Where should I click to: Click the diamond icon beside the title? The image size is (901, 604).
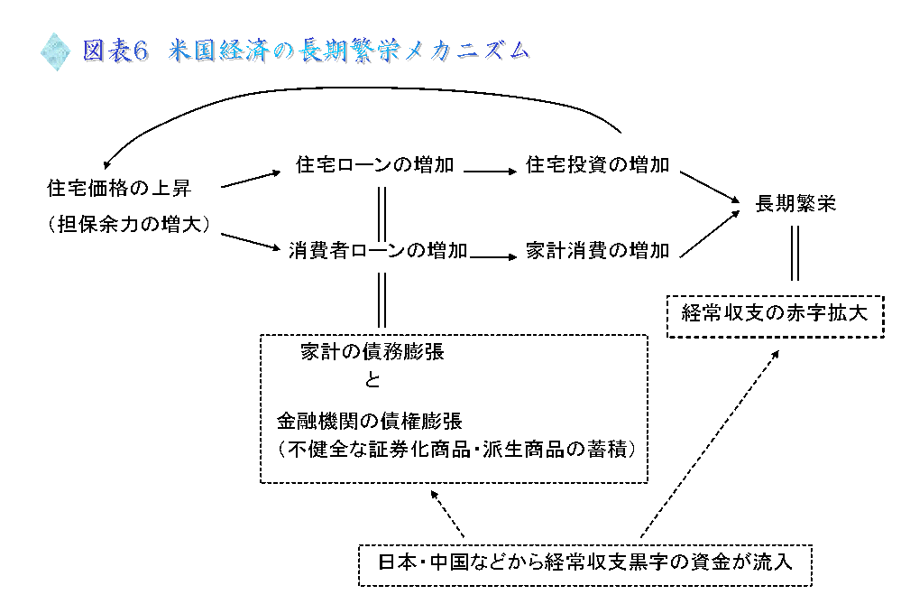pos(55,51)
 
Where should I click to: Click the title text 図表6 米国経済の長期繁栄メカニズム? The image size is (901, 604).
pos(305,51)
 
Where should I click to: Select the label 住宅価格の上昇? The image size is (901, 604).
pos(119,188)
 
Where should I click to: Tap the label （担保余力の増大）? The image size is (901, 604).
pos(129,224)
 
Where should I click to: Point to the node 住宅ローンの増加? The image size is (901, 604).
pos(374,165)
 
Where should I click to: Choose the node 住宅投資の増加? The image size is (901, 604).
pos(598,165)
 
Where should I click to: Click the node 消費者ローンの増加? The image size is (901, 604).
pos(378,251)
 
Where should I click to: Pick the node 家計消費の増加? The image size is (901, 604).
pos(598,251)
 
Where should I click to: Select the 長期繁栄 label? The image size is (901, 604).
pos(795,204)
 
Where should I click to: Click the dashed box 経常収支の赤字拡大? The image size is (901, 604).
pos(775,316)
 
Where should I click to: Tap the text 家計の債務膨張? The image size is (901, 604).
pos(372,351)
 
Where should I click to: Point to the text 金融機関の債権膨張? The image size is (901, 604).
pos(370,421)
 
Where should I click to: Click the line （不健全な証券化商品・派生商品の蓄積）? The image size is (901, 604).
pos(457,449)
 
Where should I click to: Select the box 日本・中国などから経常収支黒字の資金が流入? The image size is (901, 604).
pos(585,565)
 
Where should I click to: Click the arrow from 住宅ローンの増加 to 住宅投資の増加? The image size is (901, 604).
pos(491,171)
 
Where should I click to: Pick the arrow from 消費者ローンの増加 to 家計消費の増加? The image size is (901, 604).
pos(493,256)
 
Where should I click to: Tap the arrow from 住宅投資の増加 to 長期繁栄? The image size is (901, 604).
pos(710,187)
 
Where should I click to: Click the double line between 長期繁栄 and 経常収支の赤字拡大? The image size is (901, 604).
pos(795,253)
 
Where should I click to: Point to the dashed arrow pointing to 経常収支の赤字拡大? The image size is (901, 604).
pos(710,443)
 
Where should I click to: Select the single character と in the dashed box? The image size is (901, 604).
pos(372,380)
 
